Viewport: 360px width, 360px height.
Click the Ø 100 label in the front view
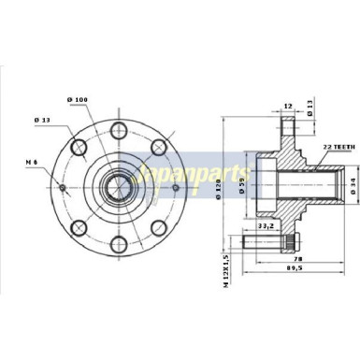click(x=78, y=99)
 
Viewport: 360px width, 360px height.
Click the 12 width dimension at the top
click(x=288, y=106)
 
